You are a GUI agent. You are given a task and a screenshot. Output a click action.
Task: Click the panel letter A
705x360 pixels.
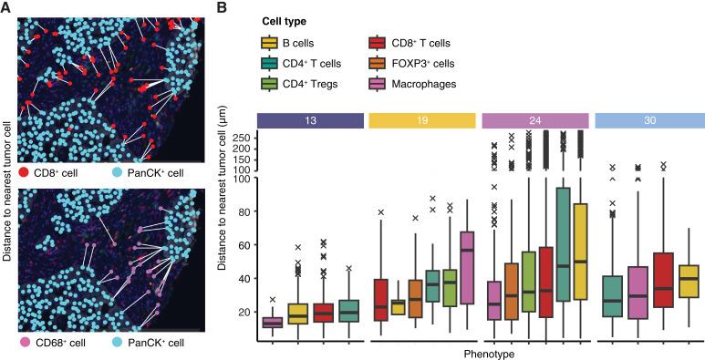(x=7, y=8)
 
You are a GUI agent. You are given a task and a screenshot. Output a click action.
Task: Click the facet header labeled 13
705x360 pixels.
(x=311, y=118)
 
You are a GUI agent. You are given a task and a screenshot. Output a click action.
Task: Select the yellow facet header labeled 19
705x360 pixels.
(x=422, y=118)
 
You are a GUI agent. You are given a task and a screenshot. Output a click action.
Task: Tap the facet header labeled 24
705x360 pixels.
(x=534, y=118)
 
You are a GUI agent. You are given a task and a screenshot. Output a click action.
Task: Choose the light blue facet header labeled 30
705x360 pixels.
(x=647, y=118)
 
